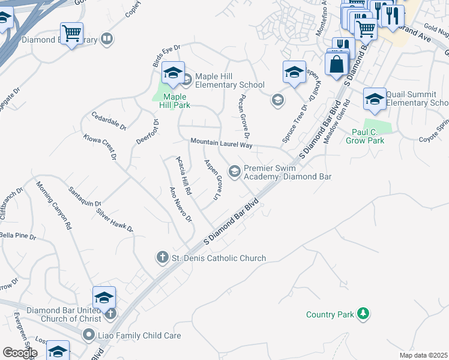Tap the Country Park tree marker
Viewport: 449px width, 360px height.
tap(363, 313)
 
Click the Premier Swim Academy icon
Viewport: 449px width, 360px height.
tap(235, 172)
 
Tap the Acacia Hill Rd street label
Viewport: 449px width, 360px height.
tap(183, 175)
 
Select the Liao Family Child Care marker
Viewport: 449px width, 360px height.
tap(89, 335)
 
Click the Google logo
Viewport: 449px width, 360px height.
tap(19, 353)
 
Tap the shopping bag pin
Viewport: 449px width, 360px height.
tap(337, 65)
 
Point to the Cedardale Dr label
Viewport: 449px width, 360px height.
tap(109, 121)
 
